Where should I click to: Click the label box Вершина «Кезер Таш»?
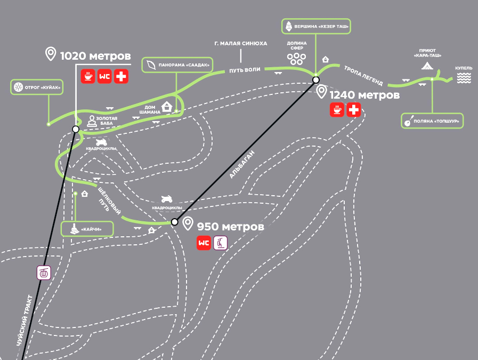tap(316, 26)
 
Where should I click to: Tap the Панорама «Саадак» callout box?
tap(177, 65)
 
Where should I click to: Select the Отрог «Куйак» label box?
tap(37, 87)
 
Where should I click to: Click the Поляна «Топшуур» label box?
tap(432, 121)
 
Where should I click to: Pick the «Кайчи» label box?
tap(88, 229)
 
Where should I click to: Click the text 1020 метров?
tap(95, 56)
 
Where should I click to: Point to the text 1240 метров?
tap(364, 95)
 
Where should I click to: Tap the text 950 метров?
tap(230, 227)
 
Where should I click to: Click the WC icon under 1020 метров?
tap(105, 76)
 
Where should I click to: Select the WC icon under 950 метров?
tap(204, 243)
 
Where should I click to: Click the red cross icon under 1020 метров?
tap(121, 76)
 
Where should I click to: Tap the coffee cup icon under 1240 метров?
tap(337, 110)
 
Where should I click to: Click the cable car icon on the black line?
tap(44, 273)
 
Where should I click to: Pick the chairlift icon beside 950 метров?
tap(220, 243)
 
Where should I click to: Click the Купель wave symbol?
tap(463, 78)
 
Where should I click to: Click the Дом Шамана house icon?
tap(167, 106)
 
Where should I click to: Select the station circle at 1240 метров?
tap(316, 80)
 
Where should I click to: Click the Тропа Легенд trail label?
tap(363, 76)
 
